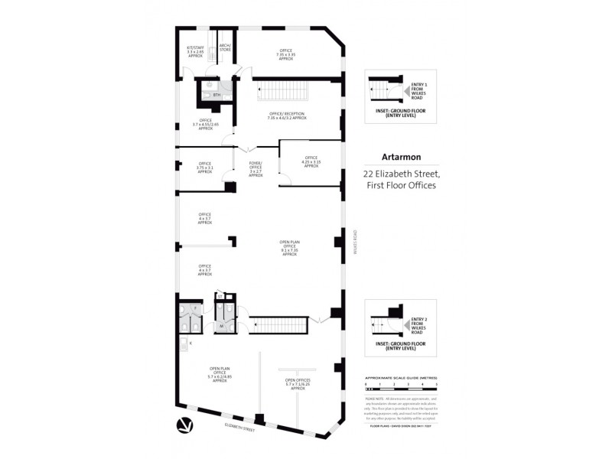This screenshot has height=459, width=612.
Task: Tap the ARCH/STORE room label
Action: pos(225,48)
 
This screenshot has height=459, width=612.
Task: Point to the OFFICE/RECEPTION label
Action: pos(287,116)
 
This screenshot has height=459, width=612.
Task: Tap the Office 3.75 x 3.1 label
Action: pos(205,166)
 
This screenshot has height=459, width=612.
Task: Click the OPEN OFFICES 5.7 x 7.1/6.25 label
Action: pos(298,383)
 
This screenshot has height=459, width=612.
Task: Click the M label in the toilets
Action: pos(221,325)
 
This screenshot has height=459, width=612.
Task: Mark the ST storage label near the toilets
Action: pos(220,295)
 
